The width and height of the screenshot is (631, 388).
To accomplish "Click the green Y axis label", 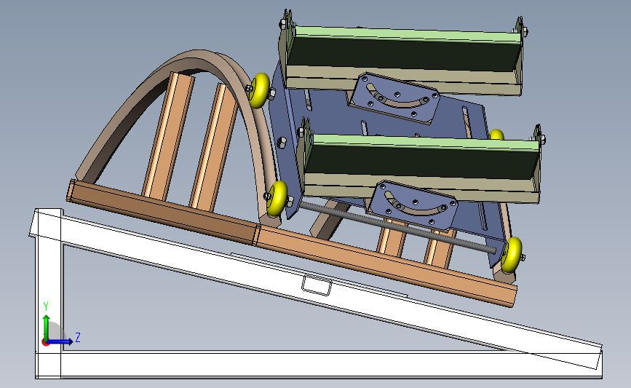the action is [46, 306].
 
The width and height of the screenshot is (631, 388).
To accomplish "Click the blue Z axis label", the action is [78, 337].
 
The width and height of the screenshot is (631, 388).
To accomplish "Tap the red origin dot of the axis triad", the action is [45, 343].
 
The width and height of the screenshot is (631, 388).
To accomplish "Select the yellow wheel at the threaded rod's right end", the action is [512, 254].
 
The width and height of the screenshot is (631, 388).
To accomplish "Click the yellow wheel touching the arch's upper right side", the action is [260, 90].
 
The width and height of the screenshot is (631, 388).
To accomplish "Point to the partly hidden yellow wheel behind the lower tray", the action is [496, 135].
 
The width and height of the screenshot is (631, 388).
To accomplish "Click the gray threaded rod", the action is [398, 227].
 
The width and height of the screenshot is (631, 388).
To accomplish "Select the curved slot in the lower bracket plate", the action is [416, 205].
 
